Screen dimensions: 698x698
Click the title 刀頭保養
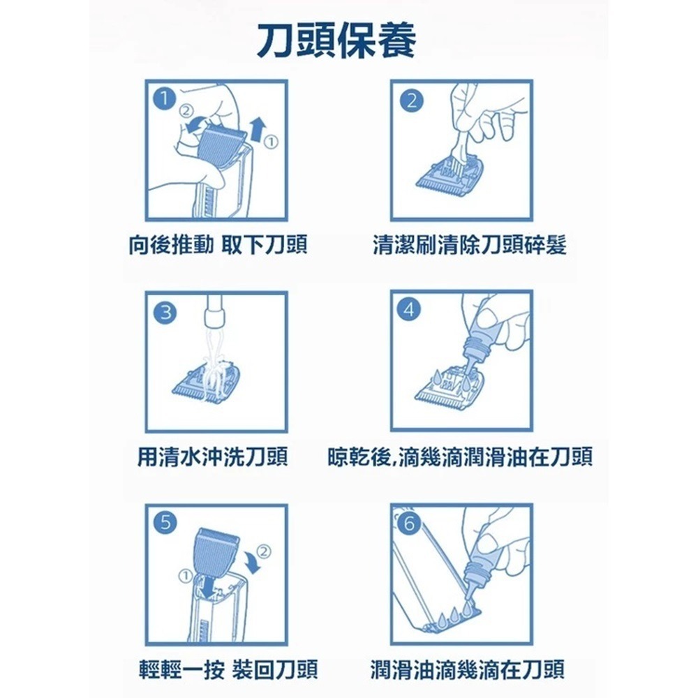tap(336, 41)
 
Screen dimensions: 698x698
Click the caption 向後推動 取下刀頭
tap(218, 245)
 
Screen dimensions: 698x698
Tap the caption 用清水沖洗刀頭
tap(213, 457)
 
